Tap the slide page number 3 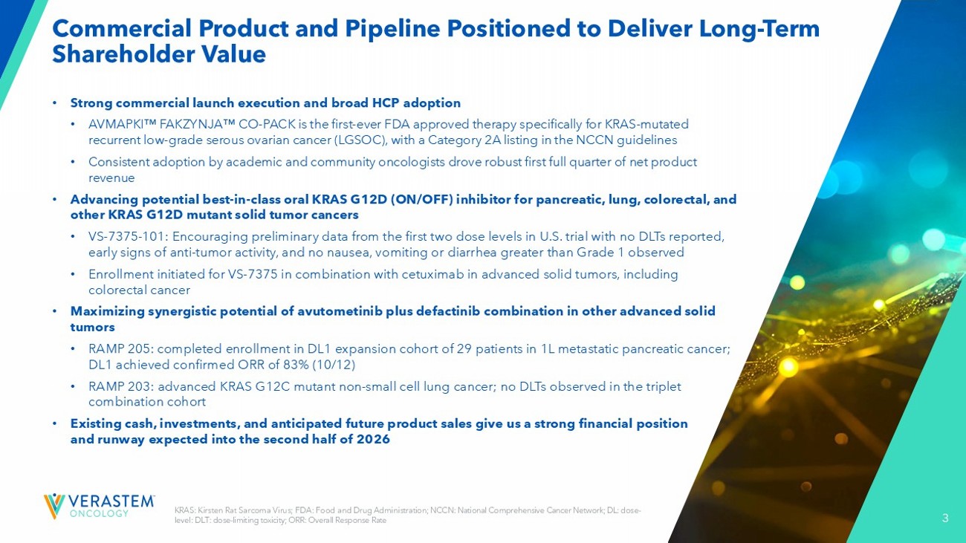(945, 518)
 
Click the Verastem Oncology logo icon (54, 507)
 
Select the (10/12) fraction (334, 365)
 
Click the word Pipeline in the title (393, 29)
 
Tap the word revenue (111, 178)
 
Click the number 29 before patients (464, 348)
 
